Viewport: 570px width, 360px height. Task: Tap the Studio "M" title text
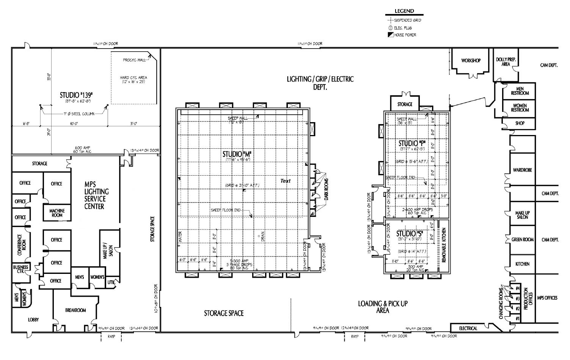pos(237,154)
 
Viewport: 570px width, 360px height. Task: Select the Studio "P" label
pos(412,143)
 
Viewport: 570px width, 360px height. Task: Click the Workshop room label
pos(471,60)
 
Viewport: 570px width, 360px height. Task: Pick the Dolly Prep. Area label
pos(506,62)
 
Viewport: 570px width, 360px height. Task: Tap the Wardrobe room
pos(522,170)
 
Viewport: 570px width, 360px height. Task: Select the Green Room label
pos(523,239)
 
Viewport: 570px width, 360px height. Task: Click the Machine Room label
pos(57,213)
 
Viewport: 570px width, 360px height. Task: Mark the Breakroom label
pos(75,310)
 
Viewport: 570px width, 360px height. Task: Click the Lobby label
pos(33,320)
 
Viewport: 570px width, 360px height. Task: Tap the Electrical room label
pos(468,328)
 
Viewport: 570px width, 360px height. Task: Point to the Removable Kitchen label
pos(444,245)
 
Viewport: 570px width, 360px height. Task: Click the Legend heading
pos(404,11)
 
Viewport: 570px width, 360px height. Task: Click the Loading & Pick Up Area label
pos(383,307)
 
